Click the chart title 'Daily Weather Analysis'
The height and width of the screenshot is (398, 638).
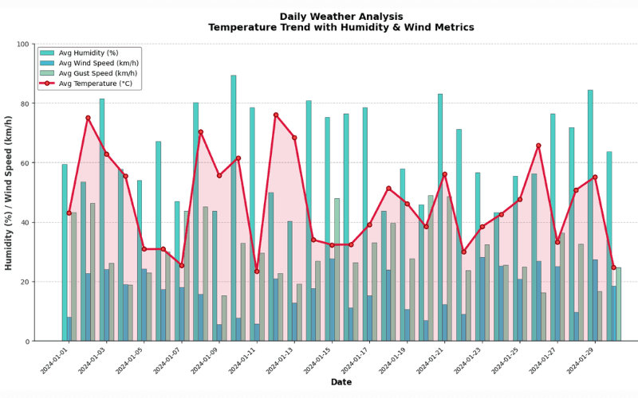(319, 17)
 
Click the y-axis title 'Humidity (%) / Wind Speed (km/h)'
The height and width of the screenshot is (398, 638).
(10, 193)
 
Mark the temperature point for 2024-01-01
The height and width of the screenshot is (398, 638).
(69, 213)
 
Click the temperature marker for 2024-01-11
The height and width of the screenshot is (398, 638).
(257, 271)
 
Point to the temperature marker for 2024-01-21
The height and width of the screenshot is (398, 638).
(445, 174)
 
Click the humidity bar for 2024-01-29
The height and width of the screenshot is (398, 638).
(590, 215)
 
